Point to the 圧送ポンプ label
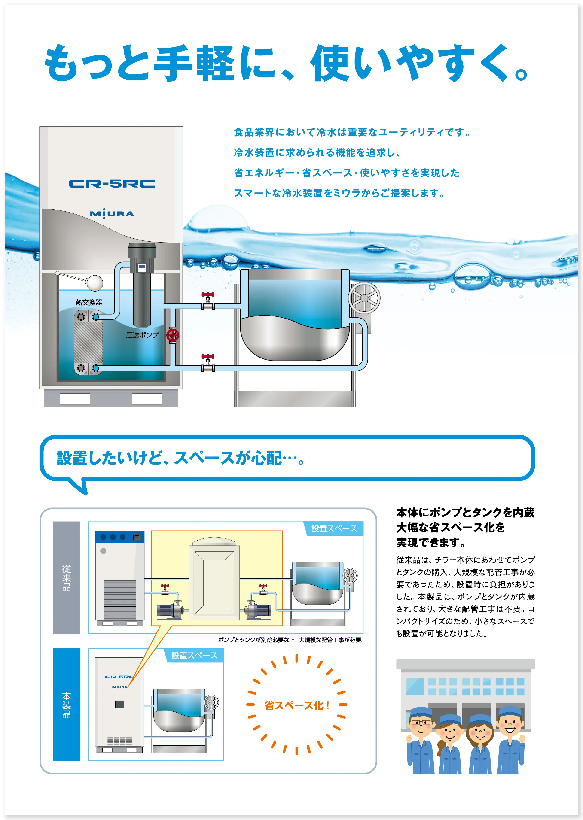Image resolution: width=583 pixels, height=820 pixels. pyautogui.click(x=142, y=335)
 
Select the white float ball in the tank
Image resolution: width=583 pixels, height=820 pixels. pyautogui.click(x=94, y=282)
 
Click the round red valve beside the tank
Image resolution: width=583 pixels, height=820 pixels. pyautogui.click(x=173, y=336)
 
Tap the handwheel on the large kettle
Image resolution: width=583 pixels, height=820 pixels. pyautogui.click(x=364, y=298)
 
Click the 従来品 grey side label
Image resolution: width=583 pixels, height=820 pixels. pyautogui.click(x=66, y=578)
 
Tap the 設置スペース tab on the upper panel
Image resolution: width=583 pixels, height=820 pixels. pyautogui.click(x=334, y=528)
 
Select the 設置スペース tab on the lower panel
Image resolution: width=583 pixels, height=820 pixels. pyautogui.click(x=194, y=655)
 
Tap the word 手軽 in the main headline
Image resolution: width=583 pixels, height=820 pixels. pyautogui.click(x=194, y=63)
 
